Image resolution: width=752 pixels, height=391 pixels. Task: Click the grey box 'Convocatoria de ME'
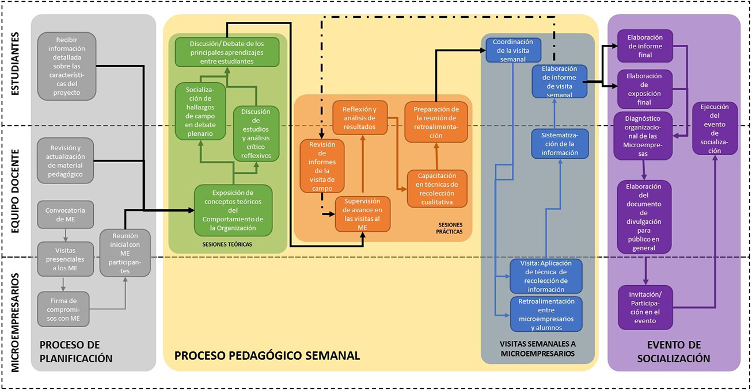point(65,215)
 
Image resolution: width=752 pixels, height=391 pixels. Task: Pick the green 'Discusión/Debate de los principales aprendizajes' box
point(226,52)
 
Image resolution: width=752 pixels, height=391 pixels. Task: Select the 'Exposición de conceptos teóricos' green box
point(233,210)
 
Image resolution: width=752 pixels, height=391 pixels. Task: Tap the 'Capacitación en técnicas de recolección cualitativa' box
point(437,189)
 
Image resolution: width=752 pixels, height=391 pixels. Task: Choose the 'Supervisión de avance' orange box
point(362,214)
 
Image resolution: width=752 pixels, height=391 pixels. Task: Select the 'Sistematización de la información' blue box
point(559,144)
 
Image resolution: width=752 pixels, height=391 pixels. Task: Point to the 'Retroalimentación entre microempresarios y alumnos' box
point(546,314)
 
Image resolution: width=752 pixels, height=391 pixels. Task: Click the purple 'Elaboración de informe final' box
point(644,46)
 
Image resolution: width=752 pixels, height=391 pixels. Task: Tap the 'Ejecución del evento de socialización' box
point(715,129)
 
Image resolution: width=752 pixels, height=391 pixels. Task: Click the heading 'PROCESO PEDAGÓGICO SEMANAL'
point(267,356)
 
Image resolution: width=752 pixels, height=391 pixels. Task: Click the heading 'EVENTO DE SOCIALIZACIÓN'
point(674,351)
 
